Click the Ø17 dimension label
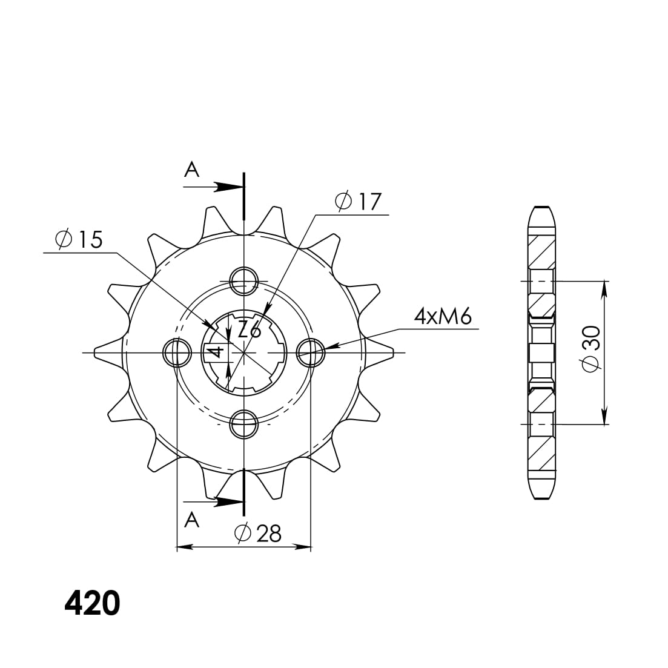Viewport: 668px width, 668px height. click(x=359, y=202)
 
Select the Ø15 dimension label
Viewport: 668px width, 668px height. click(x=79, y=240)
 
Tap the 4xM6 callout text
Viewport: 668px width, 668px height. click(x=442, y=316)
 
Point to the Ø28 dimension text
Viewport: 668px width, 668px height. click(x=258, y=534)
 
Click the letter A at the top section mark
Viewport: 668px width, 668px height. click(x=192, y=170)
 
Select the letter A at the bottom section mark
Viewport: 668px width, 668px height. click(x=191, y=520)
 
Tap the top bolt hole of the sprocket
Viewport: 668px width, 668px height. click(x=243, y=279)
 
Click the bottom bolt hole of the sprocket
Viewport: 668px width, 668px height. click(x=243, y=424)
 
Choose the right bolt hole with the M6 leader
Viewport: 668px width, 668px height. click(x=311, y=352)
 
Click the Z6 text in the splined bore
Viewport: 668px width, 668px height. click(x=249, y=330)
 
